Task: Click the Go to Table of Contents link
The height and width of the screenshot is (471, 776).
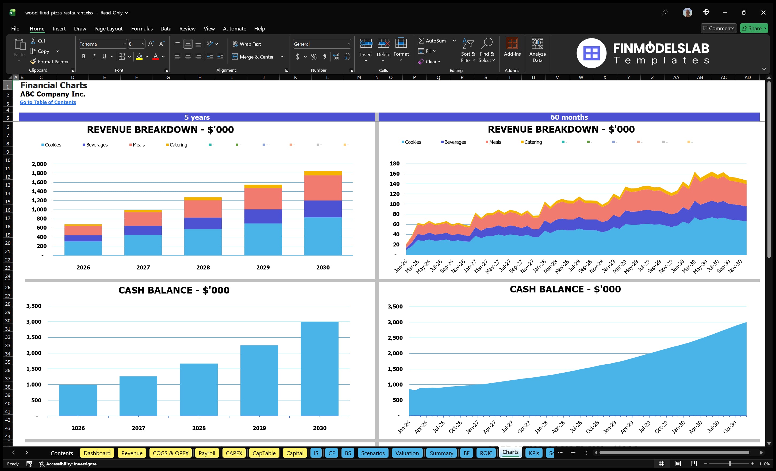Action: [x=48, y=102]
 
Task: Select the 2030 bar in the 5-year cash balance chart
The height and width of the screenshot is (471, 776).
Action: [x=319, y=368]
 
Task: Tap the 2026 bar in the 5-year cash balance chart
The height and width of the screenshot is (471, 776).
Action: [x=78, y=400]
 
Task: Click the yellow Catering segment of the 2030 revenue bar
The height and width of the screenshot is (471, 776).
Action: [x=323, y=173]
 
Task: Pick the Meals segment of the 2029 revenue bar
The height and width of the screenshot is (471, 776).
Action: [x=263, y=199]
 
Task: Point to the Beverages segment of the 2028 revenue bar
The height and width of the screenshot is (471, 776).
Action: [x=203, y=223]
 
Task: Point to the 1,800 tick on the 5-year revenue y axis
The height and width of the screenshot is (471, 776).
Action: [x=39, y=173]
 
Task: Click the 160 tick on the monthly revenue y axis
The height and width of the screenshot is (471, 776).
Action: [x=394, y=174]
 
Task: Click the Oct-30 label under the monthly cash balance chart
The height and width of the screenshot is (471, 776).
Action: [x=730, y=427]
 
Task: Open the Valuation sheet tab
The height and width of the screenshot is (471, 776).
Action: [x=407, y=453]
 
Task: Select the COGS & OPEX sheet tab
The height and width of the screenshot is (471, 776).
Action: [x=170, y=453]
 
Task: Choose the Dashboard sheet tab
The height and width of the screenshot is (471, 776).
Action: [x=97, y=453]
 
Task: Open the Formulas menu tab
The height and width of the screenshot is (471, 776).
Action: [x=142, y=29]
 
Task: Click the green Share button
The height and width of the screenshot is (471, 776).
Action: [x=754, y=28]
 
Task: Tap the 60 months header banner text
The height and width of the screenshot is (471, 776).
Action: [x=569, y=117]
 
